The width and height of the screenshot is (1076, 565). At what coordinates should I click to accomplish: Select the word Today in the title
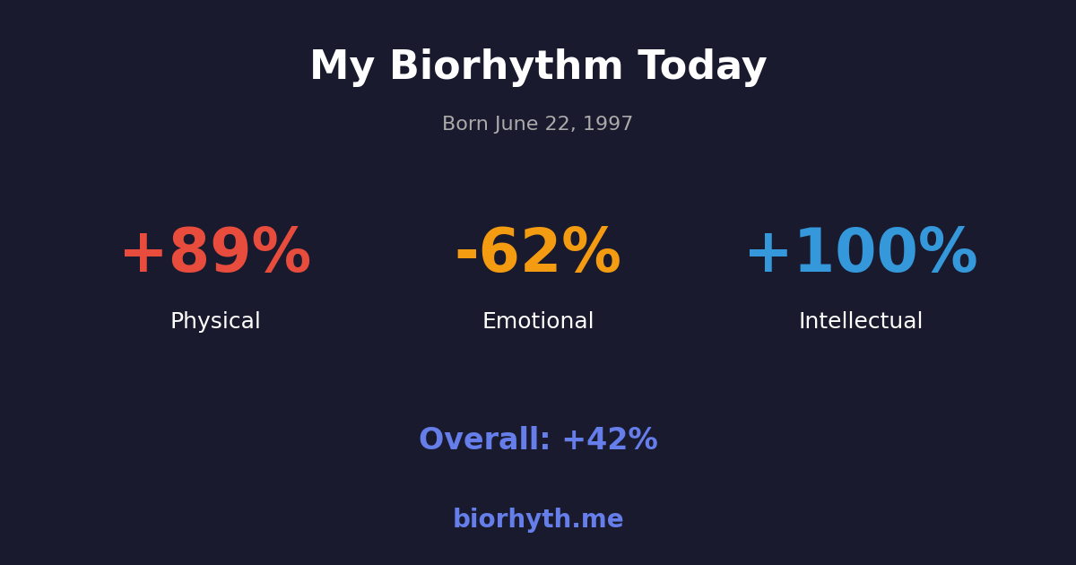pyautogui.click(x=702, y=67)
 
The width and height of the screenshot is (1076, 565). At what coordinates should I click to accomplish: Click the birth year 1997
pyautogui.click(x=610, y=125)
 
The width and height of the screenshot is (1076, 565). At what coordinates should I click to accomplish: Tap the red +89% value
pyautogui.click(x=215, y=254)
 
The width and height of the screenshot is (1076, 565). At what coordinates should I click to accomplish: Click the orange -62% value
pyautogui.click(x=538, y=254)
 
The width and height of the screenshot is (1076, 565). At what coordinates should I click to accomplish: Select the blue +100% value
pyautogui.click(x=861, y=254)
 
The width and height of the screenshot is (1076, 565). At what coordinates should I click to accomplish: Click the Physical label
pyautogui.click(x=215, y=322)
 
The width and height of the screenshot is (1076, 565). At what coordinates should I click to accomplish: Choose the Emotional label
pyautogui.click(x=538, y=322)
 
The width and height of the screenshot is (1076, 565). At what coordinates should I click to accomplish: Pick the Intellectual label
pyautogui.click(x=861, y=322)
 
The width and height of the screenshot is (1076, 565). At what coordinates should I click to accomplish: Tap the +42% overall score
pyautogui.click(x=610, y=440)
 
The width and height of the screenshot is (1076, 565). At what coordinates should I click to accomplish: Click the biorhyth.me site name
pyautogui.click(x=538, y=520)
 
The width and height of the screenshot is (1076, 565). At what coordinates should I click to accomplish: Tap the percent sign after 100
pyautogui.click(x=948, y=254)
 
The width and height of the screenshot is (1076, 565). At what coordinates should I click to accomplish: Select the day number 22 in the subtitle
pyautogui.click(x=559, y=125)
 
